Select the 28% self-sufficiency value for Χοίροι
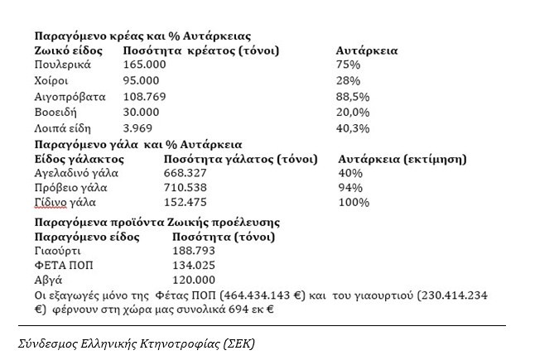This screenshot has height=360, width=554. point(348,80)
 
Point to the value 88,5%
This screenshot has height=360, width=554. point(353,96)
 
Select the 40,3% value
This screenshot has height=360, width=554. point(353,127)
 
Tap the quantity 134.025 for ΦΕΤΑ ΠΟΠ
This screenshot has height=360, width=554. point(195,267)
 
